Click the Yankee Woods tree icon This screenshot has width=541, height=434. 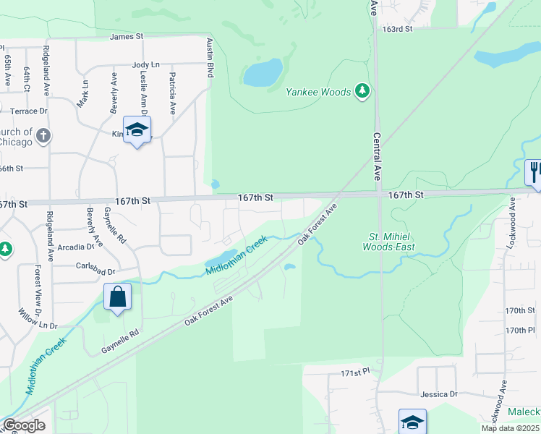363,91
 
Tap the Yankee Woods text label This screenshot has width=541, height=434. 318,92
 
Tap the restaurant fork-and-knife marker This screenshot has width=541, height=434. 533,173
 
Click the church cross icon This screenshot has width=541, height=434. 43,135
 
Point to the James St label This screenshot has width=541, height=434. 127,36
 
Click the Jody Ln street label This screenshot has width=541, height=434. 145,65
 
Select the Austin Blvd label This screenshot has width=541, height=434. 210,58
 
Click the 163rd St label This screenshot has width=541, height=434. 398,30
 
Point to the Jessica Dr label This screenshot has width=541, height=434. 439,394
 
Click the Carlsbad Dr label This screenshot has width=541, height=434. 95,265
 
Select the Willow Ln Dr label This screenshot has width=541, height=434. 38,320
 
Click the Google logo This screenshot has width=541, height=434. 24,425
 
